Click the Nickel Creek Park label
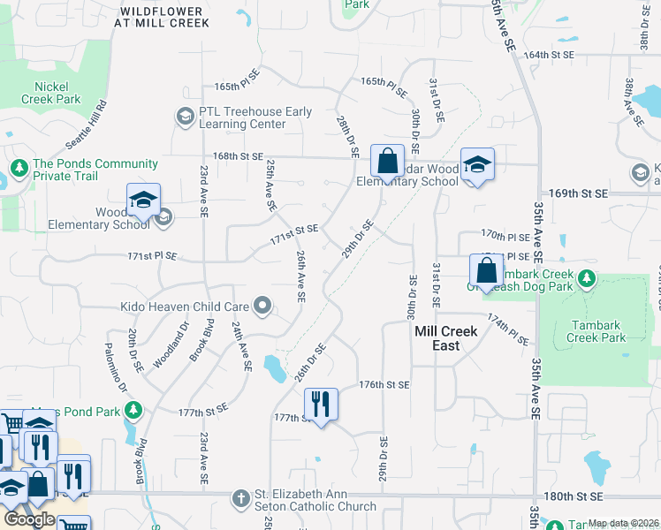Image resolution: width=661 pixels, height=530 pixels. click(x=57, y=93)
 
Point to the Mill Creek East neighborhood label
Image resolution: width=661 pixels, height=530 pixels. click(x=446, y=338)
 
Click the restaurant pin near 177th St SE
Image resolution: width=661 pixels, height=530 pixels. click(x=321, y=405)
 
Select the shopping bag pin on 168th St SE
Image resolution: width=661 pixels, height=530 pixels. click(x=387, y=161)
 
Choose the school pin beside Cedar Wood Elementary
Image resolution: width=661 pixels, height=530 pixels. click(x=477, y=164)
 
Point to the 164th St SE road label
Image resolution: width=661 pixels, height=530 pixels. click(x=549, y=55)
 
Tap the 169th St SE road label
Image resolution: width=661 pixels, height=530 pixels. click(x=583, y=193)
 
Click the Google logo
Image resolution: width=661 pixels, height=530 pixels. click(x=30, y=519)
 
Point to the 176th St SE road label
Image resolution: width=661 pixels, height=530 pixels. click(x=384, y=385)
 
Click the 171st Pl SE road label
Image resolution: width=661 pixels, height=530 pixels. click(x=152, y=256)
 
